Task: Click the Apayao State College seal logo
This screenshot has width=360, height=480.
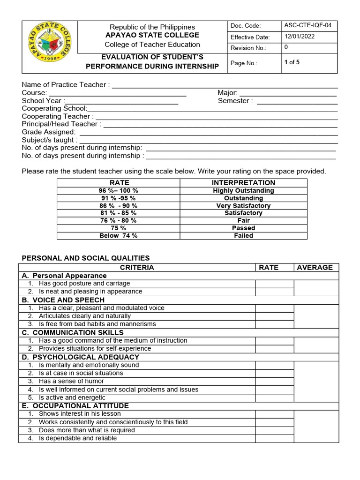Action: pos(48,47)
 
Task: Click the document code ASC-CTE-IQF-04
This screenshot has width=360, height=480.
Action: pos(308,26)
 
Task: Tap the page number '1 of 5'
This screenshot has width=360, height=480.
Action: pos(292,62)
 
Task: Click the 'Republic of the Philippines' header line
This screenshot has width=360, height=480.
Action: pos(152,27)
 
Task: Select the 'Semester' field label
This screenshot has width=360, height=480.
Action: pos(235,101)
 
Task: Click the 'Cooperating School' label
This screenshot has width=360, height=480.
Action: pos(54,108)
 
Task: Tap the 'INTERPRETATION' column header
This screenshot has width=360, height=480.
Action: pos(243,183)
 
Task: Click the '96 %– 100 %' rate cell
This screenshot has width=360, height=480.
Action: pos(118,191)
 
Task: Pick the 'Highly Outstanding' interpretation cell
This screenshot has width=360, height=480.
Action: pos(243,191)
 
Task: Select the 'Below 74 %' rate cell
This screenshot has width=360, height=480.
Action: pos(118,236)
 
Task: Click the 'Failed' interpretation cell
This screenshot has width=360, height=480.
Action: pos(243,236)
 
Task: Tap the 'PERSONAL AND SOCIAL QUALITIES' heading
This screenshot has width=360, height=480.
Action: pos(86,258)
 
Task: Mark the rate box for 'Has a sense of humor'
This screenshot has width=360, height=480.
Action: pos(274,382)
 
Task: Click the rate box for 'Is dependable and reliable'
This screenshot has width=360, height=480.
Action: pos(274,439)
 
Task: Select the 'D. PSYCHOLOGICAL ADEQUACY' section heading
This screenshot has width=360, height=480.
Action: pos(80,357)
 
